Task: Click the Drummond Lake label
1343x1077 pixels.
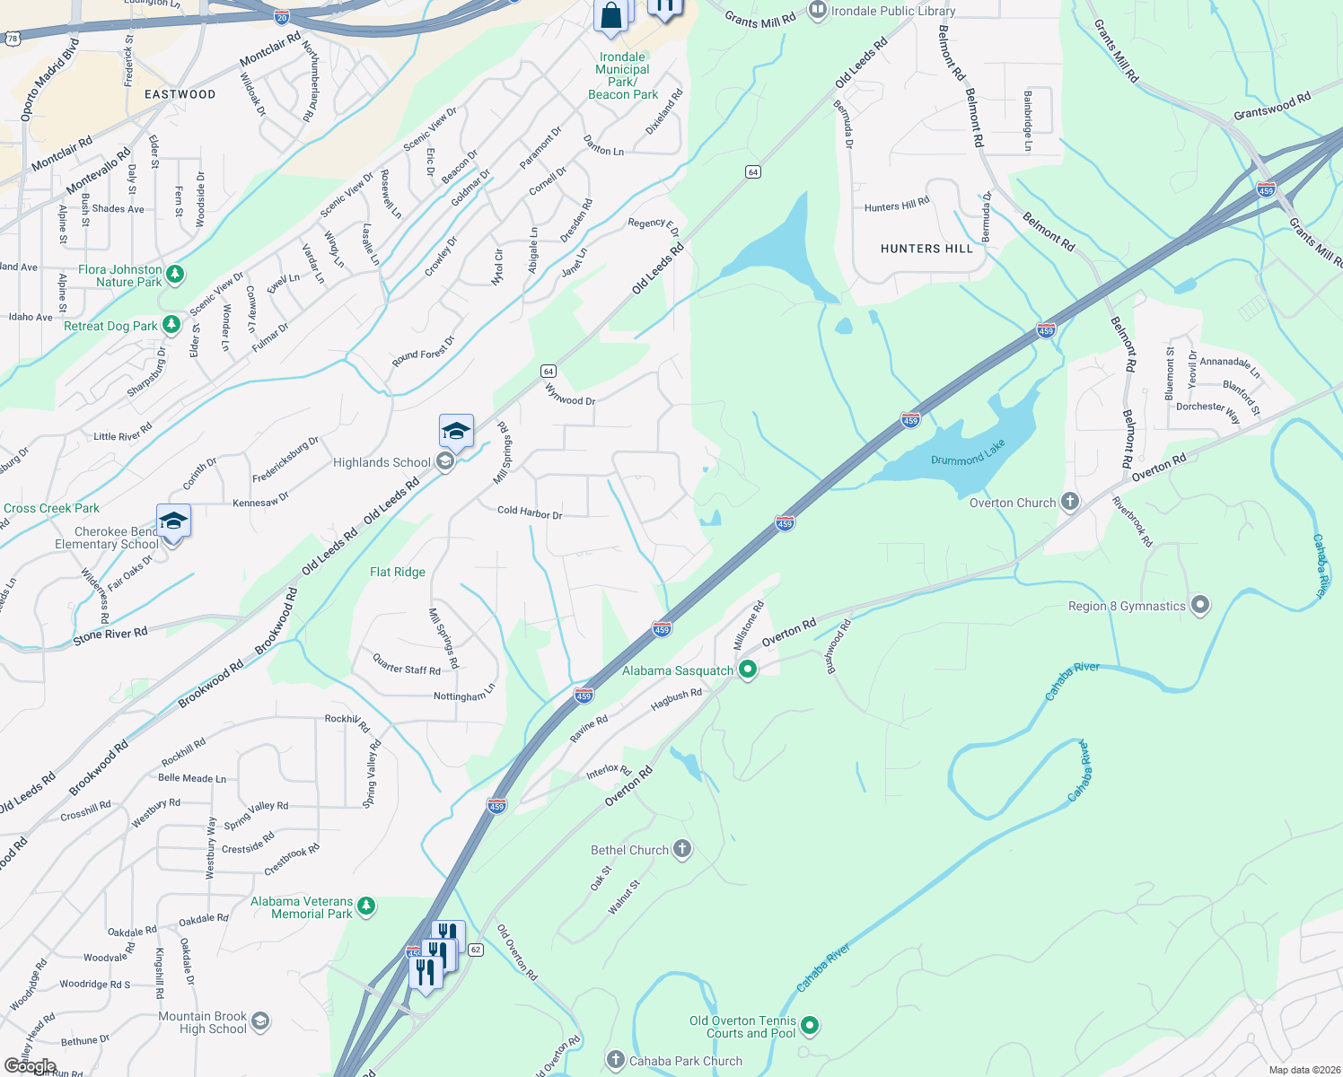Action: click(968, 453)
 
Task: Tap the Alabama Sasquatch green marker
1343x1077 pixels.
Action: click(747, 670)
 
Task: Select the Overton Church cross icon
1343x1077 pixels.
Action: click(1069, 502)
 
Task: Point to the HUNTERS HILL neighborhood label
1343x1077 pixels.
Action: click(926, 249)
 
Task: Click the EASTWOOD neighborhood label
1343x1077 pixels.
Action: click(180, 94)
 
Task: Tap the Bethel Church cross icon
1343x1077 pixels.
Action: click(682, 849)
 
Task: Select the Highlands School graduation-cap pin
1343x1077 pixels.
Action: click(456, 432)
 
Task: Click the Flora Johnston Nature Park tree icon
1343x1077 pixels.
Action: click(175, 274)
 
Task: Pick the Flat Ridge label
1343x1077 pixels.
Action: click(398, 572)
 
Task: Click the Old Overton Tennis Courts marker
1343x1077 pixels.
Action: click(810, 1025)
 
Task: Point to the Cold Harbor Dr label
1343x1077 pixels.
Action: click(530, 512)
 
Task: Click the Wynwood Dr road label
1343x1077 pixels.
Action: click(570, 394)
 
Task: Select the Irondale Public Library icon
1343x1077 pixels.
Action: click(817, 11)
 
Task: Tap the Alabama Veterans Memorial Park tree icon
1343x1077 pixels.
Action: click(365, 906)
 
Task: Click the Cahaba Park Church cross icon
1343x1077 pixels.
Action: click(615, 1060)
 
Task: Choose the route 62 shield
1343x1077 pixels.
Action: click(476, 950)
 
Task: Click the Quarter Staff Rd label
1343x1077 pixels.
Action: click(407, 664)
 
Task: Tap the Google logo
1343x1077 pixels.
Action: click(30, 1066)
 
